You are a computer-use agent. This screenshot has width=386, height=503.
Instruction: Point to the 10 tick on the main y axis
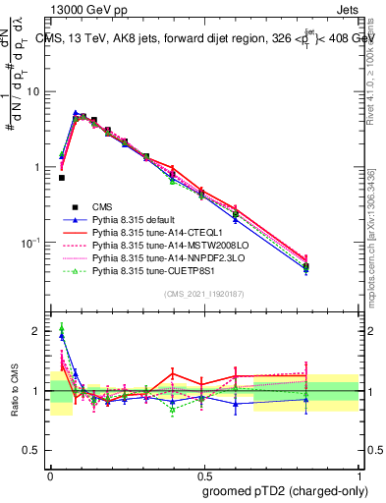34,91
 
